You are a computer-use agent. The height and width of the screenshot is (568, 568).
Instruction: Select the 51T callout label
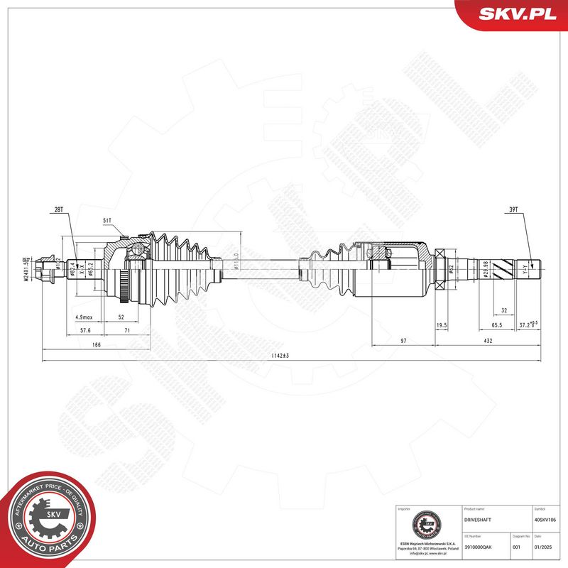click(108, 222)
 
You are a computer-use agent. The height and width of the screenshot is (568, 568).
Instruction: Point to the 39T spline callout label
click(513, 211)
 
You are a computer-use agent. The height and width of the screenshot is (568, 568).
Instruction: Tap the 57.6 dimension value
click(84, 330)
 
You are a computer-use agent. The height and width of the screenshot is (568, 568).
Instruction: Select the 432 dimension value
click(488, 342)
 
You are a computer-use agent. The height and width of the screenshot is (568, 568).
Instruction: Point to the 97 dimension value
click(403, 342)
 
